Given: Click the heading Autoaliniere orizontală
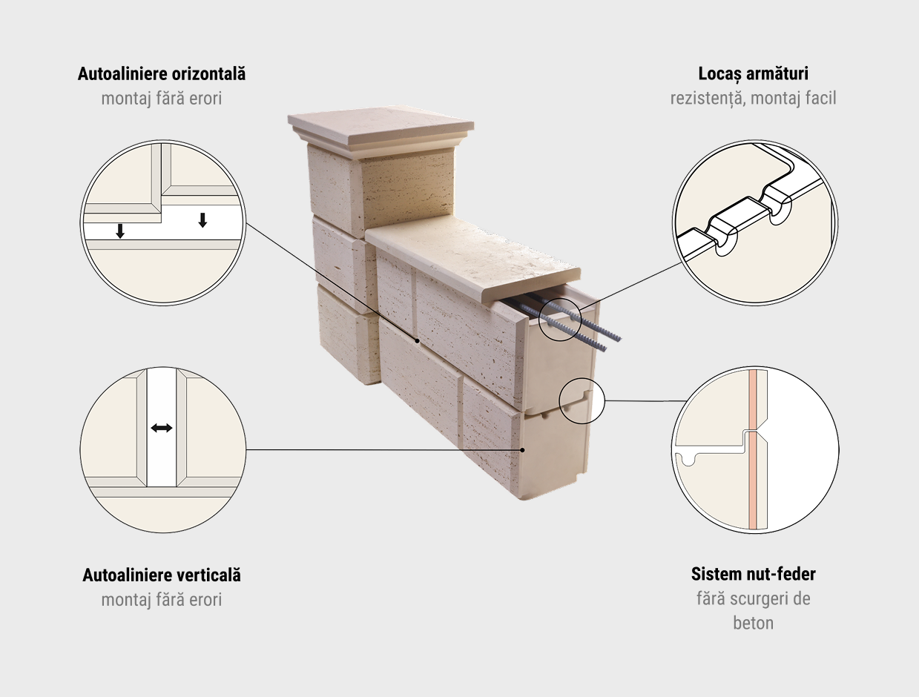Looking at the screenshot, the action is [162, 73].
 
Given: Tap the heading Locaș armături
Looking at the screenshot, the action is [753, 73].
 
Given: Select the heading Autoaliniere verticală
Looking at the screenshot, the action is [162, 575].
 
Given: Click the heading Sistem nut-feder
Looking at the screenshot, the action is [753, 574].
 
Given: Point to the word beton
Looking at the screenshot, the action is [753, 623].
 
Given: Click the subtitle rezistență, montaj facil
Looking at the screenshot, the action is [753, 99].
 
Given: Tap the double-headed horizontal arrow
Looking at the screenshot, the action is [162, 428].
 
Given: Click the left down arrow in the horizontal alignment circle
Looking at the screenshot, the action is [120, 231].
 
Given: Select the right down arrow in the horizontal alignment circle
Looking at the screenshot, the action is [202, 220].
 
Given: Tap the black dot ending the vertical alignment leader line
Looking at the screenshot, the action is [522, 450].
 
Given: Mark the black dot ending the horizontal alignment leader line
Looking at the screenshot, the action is [417, 341].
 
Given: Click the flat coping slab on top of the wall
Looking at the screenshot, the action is [473, 257].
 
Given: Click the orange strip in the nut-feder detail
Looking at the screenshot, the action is [752, 450].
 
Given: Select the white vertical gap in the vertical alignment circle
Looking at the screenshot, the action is [162, 427].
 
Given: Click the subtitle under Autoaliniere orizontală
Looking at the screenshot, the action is [162, 99].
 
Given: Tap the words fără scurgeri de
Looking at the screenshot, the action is [753, 598].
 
